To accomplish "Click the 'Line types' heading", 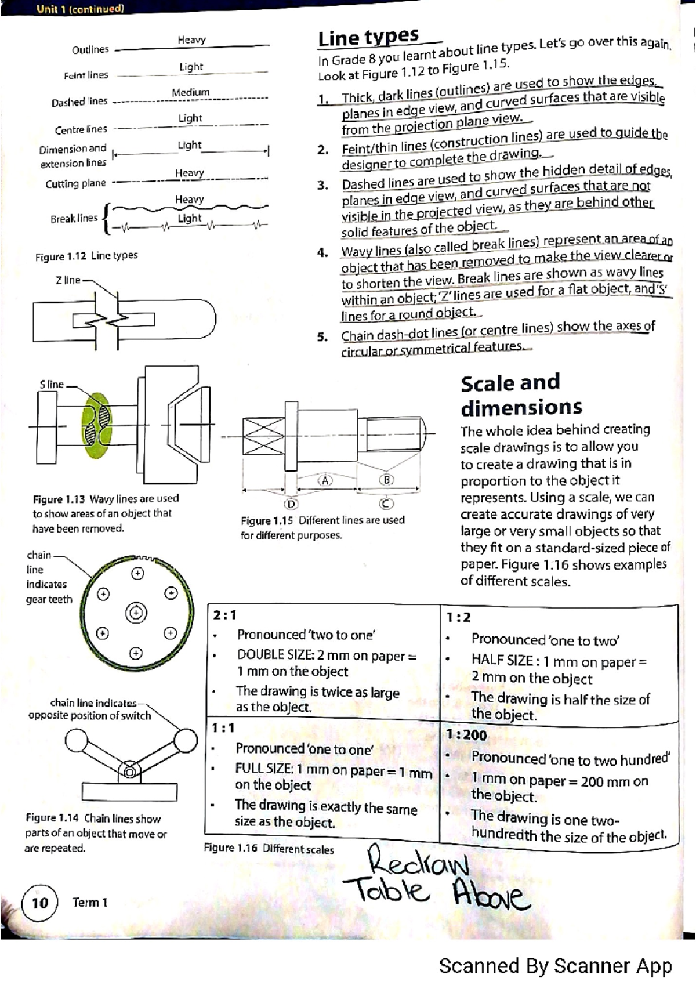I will pyautogui.click(x=368, y=38).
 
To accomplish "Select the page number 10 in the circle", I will pyautogui.click(x=40, y=903).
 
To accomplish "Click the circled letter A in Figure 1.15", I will pyautogui.click(x=325, y=480).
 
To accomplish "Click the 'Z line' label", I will pyautogui.click(x=68, y=280).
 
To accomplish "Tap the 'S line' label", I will pyautogui.click(x=52, y=384).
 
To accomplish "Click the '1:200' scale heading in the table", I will pyautogui.click(x=466, y=735).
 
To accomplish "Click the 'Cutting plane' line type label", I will pyautogui.click(x=75, y=184).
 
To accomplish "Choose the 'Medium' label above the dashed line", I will pyautogui.click(x=190, y=92).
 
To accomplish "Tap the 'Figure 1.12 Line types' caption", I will pyautogui.click(x=86, y=256).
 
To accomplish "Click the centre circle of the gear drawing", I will pyautogui.click(x=136, y=613).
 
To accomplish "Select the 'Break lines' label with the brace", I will pyautogui.click(x=74, y=219).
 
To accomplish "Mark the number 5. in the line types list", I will pyautogui.click(x=322, y=337).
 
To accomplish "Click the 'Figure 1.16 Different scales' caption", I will pyautogui.click(x=269, y=849).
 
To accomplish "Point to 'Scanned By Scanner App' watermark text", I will pyautogui.click(x=555, y=966).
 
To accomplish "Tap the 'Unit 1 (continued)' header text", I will pyautogui.click(x=80, y=9).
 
